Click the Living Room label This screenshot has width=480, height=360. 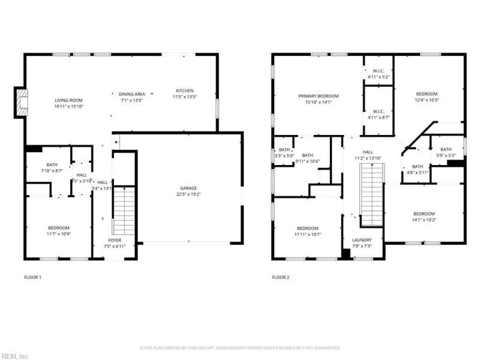[x=69, y=103]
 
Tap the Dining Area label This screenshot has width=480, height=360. [x=131, y=97]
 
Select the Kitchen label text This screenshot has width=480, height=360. [x=185, y=94]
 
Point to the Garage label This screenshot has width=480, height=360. [x=189, y=191]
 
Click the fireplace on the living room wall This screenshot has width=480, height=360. [x=22, y=102]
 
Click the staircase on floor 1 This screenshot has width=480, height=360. [x=124, y=210]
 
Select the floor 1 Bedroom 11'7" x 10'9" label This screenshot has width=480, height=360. [x=59, y=230]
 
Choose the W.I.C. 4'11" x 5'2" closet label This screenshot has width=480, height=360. [x=378, y=74]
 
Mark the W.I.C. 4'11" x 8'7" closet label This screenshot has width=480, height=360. [x=378, y=114]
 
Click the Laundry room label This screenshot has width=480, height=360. [x=362, y=243]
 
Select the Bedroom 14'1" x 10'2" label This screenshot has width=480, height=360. [x=423, y=217]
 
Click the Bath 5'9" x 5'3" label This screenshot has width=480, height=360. [x=445, y=152]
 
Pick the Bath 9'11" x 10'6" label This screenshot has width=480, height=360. [x=307, y=158]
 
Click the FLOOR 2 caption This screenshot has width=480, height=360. [x=281, y=277]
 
